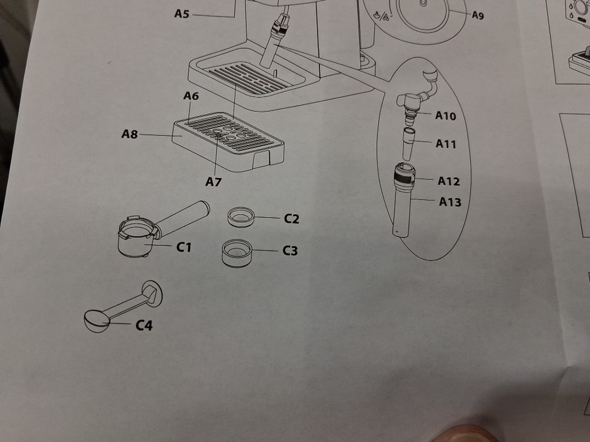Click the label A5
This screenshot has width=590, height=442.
181,14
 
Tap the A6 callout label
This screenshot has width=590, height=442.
191,96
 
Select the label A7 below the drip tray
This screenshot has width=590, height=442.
213,182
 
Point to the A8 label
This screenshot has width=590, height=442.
130,134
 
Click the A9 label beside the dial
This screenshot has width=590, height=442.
478,15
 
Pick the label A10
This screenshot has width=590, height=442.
446,115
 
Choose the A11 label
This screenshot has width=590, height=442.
446,144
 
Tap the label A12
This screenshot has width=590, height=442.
449,181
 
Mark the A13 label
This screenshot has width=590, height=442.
450,202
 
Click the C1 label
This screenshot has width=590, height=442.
184,247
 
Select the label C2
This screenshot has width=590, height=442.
291,219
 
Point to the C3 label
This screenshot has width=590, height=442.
290,250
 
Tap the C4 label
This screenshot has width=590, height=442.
144,325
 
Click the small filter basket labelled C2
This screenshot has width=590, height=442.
241,217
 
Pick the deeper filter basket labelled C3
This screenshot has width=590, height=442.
237,254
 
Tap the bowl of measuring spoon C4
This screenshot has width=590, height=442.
96,321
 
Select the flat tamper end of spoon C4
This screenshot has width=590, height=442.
152,292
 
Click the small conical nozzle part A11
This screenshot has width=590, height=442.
409,144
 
